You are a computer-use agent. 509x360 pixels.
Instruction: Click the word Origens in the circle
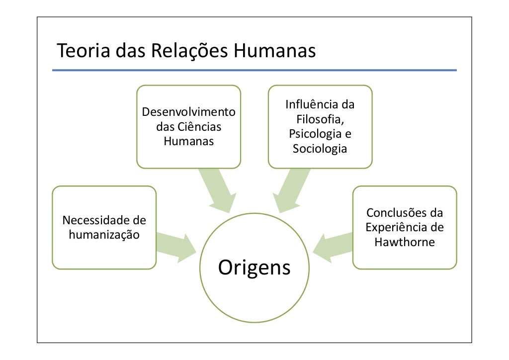254,268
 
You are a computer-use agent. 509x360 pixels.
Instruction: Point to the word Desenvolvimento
189,112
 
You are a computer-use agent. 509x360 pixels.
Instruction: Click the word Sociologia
320,149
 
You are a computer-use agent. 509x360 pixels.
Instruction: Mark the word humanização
104,234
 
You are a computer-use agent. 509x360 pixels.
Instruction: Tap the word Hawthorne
405,243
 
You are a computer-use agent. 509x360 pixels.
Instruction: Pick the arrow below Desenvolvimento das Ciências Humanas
217,191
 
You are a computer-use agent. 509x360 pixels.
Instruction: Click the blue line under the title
254,70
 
